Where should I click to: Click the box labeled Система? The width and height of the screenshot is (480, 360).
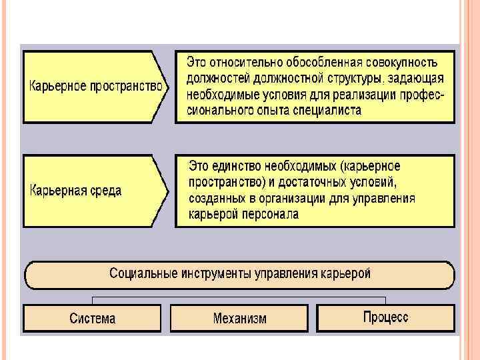(x=92, y=318)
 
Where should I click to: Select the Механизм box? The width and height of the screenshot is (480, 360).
(x=239, y=318)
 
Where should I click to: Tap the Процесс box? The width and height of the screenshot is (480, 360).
(x=386, y=317)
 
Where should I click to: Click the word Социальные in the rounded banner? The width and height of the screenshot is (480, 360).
(x=140, y=273)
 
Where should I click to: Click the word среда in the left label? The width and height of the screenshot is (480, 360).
(x=103, y=190)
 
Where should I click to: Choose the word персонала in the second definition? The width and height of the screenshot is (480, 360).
(x=273, y=214)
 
